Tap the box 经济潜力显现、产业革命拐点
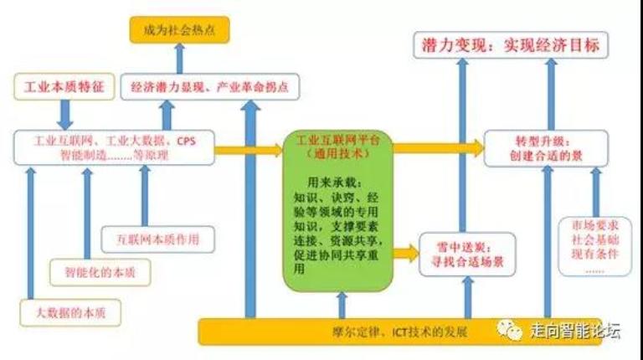tap(215, 86)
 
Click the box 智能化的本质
tap(86, 272)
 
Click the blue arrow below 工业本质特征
tap(62, 113)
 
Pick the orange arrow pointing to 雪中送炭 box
tap(405, 250)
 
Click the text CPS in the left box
tap(186, 140)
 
